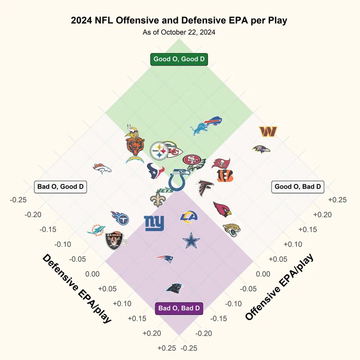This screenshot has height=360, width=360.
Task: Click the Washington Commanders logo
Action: click(268, 131)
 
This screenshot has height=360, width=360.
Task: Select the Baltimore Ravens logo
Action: click(261, 149)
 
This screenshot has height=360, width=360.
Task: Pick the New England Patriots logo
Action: click(165, 258)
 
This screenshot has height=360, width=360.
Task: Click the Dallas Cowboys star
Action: click(191, 241)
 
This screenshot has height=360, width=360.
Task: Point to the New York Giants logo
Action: click(154, 223)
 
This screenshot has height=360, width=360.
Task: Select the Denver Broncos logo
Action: click(103, 168)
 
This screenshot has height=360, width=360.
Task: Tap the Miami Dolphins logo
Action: click(96, 229)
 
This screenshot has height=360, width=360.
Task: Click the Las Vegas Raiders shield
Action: click(114, 241)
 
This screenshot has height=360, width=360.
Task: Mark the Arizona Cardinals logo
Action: click(222, 209)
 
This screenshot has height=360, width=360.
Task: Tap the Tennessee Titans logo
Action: click(120, 218)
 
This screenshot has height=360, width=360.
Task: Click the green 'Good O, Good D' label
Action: click(179, 59)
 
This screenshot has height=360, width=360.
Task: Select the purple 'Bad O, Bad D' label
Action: click(179, 308)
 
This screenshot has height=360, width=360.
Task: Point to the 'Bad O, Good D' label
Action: click(60, 186)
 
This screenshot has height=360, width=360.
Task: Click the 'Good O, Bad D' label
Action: click(298, 186)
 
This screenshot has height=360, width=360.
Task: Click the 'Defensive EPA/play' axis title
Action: click(77, 288)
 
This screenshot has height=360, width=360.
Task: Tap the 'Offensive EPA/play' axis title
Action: click(280, 287)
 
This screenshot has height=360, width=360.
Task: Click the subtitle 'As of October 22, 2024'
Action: click(179, 32)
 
